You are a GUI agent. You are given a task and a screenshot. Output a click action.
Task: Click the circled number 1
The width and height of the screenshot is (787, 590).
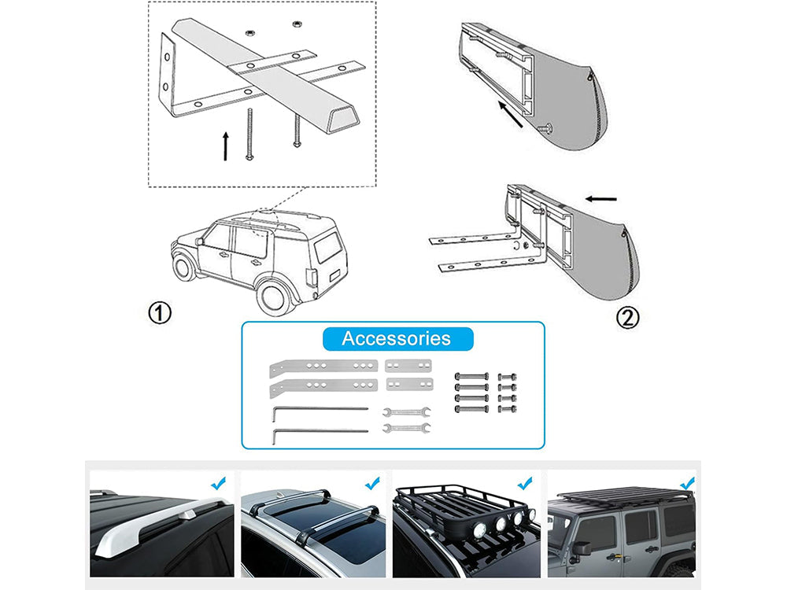pyautogui.click(x=160, y=314)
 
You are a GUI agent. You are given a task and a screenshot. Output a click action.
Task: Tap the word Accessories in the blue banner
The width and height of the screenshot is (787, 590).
pyautogui.click(x=396, y=339)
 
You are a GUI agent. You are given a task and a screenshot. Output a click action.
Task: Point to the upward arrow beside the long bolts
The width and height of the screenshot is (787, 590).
pyautogui.click(x=226, y=146)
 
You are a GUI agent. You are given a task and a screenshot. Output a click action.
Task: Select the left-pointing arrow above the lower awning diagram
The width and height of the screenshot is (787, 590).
pyautogui.click(x=600, y=200)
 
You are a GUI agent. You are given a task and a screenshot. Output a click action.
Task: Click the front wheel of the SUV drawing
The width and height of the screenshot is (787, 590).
pyautogui.click(x=187, y=267)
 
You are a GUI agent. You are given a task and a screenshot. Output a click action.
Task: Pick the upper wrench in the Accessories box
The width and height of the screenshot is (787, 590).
pyautogui.click(x=405, y=411)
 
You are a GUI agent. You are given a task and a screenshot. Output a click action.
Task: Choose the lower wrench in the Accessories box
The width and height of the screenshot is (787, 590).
pyautogui.click(x=405, y=428)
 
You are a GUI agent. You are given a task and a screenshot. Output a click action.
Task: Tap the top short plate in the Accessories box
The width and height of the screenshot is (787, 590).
pyautogui.click(x=408, y=366)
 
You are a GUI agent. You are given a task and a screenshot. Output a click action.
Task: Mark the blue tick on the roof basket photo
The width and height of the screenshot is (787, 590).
pyautogui.click(x=524, y=481)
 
